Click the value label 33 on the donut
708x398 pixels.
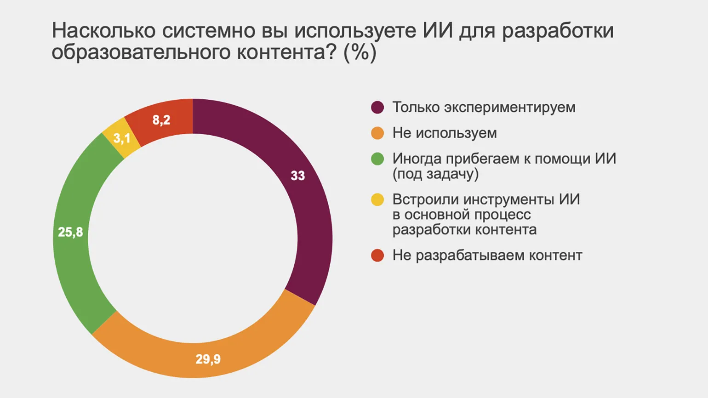[x=297, y=176]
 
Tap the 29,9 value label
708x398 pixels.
[x=208, y=359]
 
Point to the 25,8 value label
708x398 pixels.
[x=70, y=232]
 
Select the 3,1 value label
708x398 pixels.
[x=122, y=138]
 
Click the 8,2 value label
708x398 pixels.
[x=161, y=120]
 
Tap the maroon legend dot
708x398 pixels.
[x=377, y=108]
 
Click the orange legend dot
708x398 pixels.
[x=377, y=133]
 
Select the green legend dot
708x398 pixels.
[x=377, y=159]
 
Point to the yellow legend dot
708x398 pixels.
[x=377, y=200]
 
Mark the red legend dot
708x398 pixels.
[x=377, y=256]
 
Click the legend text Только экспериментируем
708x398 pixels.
[x=484, y=108]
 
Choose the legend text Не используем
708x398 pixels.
[x=445, y=133]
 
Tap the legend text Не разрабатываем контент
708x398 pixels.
[x=487, y=256]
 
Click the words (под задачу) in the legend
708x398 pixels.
[x=435, y=174]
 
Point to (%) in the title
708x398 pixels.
[x=360, y=52]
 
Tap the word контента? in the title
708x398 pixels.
[x=286, y=52]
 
